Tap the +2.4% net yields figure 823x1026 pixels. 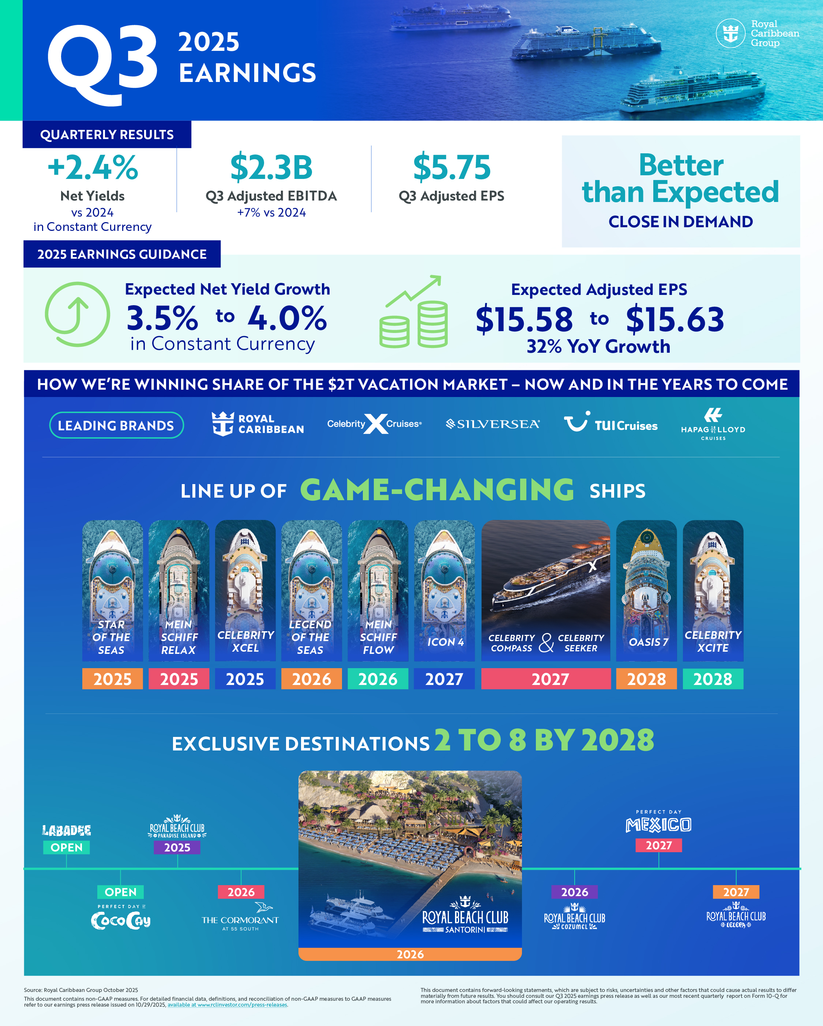coord(93,168)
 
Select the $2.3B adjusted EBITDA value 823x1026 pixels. coord(271,168)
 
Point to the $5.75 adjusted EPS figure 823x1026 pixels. coord(451,168)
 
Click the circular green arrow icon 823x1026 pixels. coord(77,314)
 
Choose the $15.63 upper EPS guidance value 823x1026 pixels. coord(674,319)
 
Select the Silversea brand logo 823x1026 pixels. coord(492,424)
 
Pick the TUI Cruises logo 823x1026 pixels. coord(611,423)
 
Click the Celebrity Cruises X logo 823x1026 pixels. coord(375,423)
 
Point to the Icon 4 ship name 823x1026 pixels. coord(445,642)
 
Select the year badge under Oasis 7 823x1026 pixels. coord(646,679)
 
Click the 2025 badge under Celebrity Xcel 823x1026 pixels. coord(245,679)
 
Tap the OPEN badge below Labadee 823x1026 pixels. coord(67,847)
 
